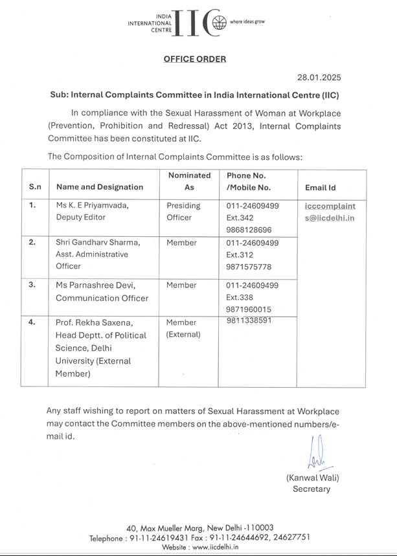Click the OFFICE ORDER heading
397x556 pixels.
point(194,59)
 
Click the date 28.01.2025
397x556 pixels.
point(319,77)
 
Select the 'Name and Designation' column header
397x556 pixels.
point(100,187)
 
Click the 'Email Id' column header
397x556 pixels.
point(320,188)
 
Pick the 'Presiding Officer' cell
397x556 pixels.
point(183,212)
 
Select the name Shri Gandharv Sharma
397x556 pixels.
point(98,243)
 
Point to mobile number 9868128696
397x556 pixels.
point(249,230)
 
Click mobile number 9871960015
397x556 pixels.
point(249,309)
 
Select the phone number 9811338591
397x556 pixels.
point(249,320)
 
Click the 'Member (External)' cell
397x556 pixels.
point(183,328)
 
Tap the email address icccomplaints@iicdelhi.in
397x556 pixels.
point(330,212)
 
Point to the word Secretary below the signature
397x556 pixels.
point(311,489)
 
